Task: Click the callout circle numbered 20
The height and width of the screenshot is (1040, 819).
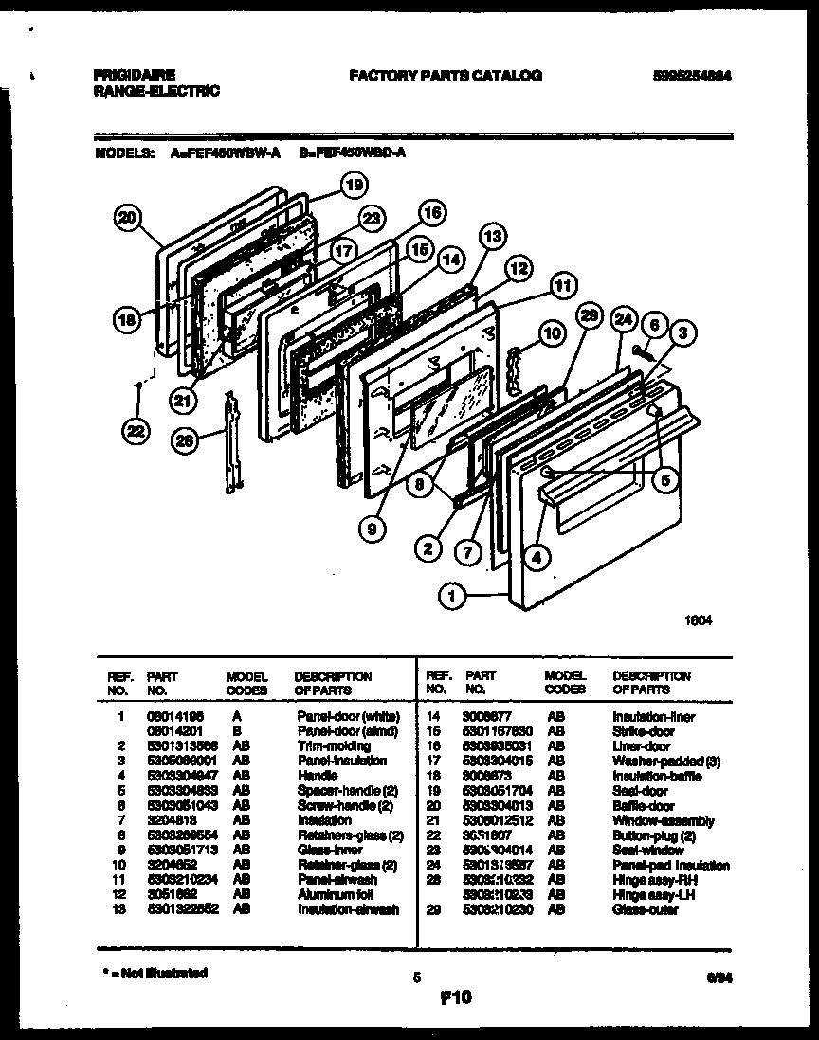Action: (125, 219)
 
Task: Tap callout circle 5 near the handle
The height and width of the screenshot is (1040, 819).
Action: (666, 480)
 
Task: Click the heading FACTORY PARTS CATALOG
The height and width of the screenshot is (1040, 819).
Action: (446, 75)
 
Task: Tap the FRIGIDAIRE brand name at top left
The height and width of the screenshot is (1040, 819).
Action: (135, 74)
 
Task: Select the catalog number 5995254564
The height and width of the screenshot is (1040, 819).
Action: (689, 75)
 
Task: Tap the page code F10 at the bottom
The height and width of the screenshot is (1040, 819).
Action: (455, 996)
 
